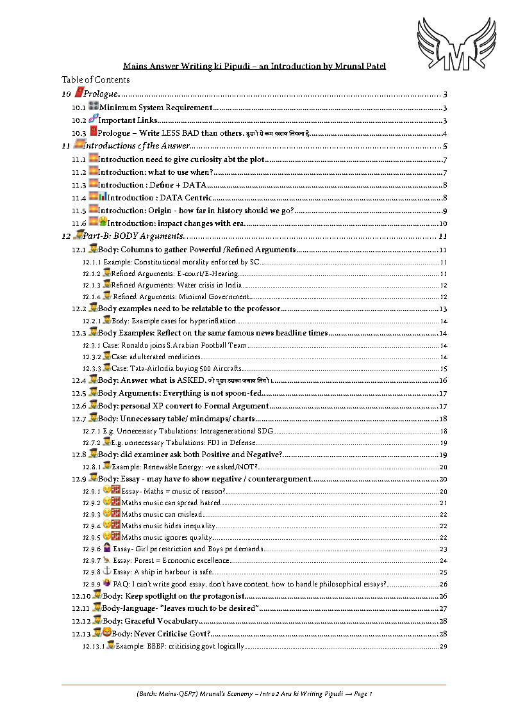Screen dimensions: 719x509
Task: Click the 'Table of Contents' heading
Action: [96, 79]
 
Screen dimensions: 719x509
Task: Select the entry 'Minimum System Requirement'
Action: [156, 108]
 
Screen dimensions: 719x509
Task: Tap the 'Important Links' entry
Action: [128, 120]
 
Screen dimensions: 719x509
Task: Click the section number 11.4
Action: [79, 197]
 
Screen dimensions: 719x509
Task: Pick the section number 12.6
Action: [79, 405]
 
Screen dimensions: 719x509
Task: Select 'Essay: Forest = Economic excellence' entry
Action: [171, 560]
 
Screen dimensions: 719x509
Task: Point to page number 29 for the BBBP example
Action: [443, 647]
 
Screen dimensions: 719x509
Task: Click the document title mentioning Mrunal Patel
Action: [254, 66]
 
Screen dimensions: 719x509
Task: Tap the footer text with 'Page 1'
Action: [254, 693]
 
